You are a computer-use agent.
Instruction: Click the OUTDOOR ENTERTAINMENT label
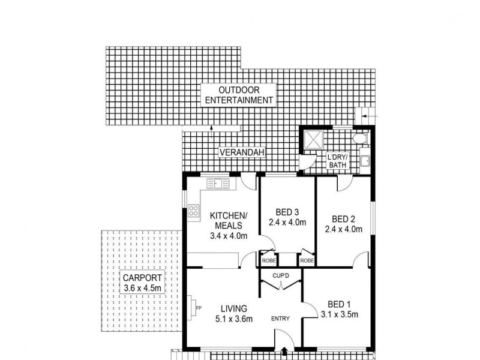coord(239,95)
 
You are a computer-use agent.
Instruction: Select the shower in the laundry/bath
coord(313,140)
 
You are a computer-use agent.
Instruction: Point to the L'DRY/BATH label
coord(338,161)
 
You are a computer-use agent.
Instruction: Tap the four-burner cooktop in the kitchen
coord(194,211)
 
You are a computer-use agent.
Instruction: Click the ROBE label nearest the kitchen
coord(267,261)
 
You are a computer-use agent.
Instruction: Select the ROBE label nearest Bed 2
coord(307,261)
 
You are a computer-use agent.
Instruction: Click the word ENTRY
coord(281,318)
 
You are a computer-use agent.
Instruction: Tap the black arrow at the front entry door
coord(283,352)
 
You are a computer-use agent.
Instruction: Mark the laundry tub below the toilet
coord(365,160)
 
